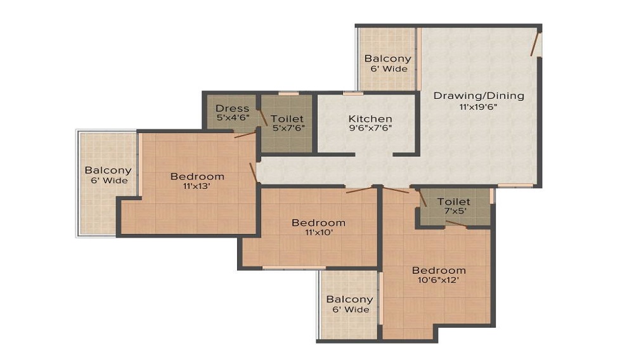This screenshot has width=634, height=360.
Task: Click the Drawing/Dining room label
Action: (x=479, y=96)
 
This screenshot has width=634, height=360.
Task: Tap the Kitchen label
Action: (x=370, y=119)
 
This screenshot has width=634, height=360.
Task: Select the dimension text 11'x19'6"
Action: (x=478, y=107)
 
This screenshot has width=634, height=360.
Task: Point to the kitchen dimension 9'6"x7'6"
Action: (x=370, y=129)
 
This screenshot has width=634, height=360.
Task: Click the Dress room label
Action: (x=233, y=108)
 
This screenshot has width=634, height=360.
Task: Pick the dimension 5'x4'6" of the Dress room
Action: (x=233, y=118)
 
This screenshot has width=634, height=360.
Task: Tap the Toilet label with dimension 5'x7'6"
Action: (x=287, y=119)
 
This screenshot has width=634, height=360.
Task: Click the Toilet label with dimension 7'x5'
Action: (x=454, y=202)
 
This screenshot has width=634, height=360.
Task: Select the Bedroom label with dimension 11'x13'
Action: (x=197, y=177)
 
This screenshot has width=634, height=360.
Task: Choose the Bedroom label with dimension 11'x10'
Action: (x=319, y=222)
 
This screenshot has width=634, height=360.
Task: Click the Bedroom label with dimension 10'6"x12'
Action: (x=439, y=270)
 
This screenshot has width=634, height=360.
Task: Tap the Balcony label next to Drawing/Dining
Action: (x=388, y=58)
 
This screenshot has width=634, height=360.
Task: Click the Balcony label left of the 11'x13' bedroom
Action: (x=108, y=170)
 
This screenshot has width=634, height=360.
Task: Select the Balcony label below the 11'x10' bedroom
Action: (x=350, y=299)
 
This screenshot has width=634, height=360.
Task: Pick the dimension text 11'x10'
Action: (x=319, y=233)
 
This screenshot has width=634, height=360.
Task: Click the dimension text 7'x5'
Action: (x=453, y=211)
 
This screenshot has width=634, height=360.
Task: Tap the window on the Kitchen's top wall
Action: (x=353, y=94)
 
